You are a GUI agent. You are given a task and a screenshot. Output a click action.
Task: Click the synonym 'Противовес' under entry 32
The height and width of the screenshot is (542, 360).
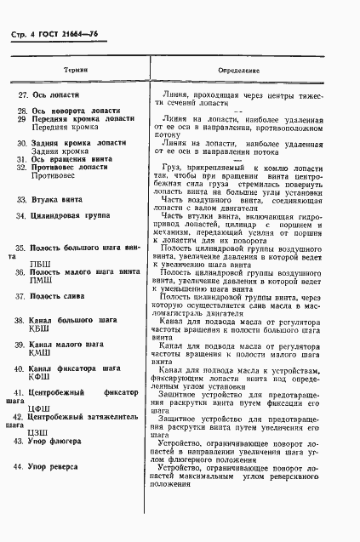pos(54,177)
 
